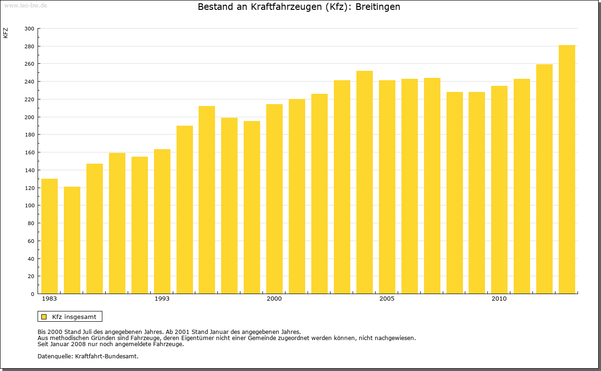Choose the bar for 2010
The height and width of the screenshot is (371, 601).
[499, 189]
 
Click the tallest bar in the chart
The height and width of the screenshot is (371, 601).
[567, 169]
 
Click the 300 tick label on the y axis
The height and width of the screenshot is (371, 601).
[29, 29]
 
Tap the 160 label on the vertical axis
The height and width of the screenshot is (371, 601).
[29, 152]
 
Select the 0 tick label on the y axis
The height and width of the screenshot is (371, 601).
[32, 294]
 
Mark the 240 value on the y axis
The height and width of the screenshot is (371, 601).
[29, 82]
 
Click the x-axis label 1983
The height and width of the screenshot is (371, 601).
[49, 299]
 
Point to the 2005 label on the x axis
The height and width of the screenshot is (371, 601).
[387, 299]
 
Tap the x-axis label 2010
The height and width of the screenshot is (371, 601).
[499, 299]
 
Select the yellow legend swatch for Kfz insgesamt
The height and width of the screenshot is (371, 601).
[44, 317]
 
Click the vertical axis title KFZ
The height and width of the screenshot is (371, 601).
[6, 33]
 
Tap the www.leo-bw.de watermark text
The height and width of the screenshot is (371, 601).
[25, 5]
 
